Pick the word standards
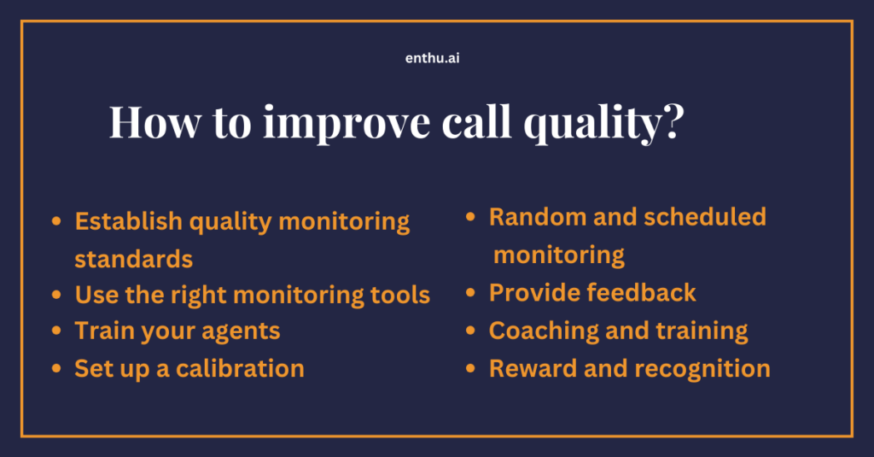click(x=133, y=258)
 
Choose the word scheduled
click(x=704, y=217)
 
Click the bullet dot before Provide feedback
click(x=470, y=294)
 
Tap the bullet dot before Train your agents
click(x=56, y=331)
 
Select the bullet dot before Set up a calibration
click(x=56, y=369)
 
